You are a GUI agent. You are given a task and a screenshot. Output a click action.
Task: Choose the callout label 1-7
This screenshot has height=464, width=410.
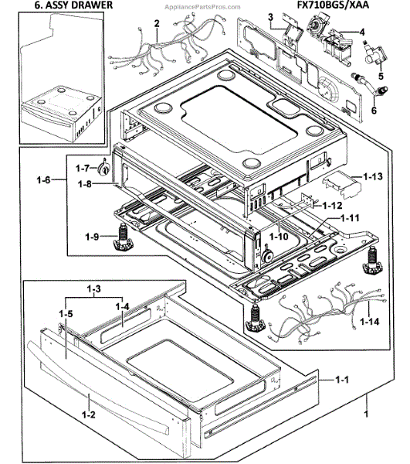point(83,167)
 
